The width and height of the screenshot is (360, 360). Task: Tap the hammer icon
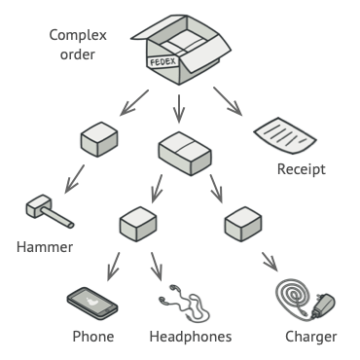pos(42,210)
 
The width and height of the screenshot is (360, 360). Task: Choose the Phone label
pos(94,338)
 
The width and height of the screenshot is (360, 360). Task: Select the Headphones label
pos(191,338)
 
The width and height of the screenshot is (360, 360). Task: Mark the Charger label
pos(310,338)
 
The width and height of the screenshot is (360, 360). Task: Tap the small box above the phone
pos(137,226)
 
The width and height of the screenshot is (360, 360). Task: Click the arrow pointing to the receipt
pos(230,100)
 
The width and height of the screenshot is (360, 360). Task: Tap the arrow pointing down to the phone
pos(113,265)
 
